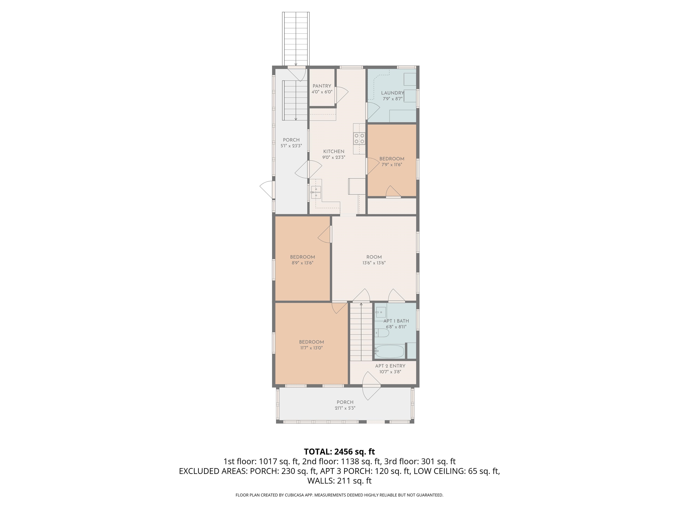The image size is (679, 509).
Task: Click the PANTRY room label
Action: pos(322,86)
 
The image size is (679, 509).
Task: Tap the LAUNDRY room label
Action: pos(393,93)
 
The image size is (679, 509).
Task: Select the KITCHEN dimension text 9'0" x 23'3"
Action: pos(334,157)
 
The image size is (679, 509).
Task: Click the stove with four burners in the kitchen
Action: pos(359,138)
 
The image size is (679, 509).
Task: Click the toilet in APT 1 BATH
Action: pos(382,333)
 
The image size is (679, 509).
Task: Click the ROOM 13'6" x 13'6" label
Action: pos(374,260)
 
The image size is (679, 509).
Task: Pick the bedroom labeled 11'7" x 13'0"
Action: pos(312,345)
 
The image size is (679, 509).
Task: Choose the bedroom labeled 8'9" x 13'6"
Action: pos(302,260)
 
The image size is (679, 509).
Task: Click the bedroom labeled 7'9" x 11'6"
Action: pos(392,161)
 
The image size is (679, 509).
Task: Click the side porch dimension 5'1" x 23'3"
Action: pos(291,146)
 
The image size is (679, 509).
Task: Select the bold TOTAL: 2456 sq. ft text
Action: pos(339,452)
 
